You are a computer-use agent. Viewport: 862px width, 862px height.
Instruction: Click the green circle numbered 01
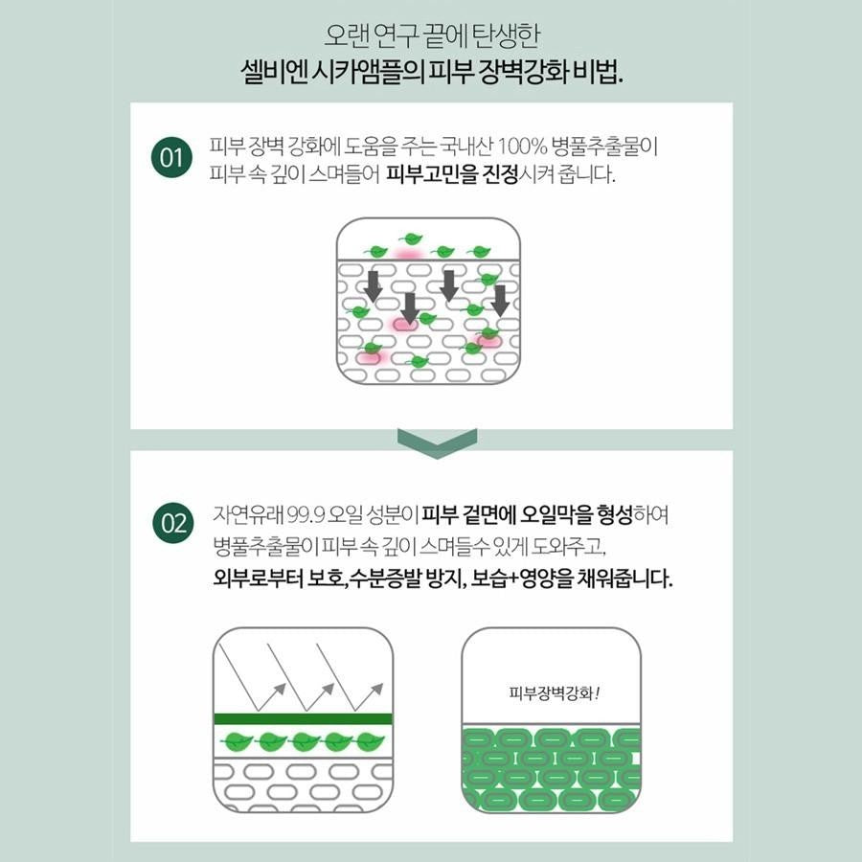pos(171,157)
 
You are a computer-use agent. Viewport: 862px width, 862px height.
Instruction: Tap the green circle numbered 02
pos(173,523)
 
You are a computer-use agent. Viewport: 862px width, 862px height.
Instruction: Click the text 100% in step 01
pos(522,147)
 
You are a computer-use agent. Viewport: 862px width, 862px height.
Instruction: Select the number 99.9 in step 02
pos(306,515)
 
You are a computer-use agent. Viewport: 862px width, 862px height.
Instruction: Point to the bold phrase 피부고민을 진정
pos(452,175)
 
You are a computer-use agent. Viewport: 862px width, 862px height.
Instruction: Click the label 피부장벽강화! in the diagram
pos(554,692)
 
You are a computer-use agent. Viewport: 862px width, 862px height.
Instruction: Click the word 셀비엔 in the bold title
pos(273,72)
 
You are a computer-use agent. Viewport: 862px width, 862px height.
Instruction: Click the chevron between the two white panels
pos(437,443)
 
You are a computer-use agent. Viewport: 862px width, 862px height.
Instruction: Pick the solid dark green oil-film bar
pos(303,718)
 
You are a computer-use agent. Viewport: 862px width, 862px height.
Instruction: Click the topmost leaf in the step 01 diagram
pos(410,239)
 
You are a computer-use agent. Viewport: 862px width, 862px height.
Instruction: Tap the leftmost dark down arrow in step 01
pos(373,285)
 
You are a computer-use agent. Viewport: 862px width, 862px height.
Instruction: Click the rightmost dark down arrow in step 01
pos(500,300)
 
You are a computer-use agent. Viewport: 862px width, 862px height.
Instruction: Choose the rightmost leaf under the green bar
pos(370,742)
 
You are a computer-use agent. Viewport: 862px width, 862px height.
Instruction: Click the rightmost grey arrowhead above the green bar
pos(376,689)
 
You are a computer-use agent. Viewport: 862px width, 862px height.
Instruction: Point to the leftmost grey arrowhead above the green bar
pos(280,689)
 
